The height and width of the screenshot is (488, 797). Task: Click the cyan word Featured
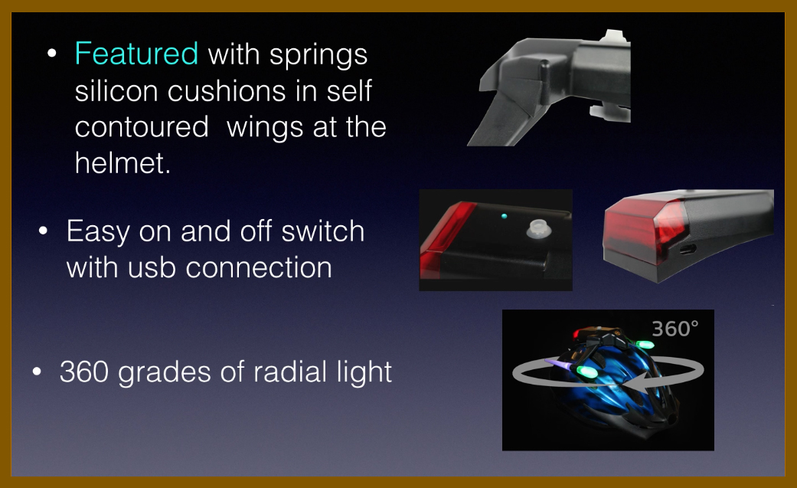(x=136, y=53)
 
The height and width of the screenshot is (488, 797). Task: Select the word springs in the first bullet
(x=318, y=55)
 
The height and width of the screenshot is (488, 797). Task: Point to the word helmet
(x=122, y=163)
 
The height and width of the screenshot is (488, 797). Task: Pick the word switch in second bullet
(x=323, y=231)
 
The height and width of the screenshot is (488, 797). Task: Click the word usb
(x=152, y=267)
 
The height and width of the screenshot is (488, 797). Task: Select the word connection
(x=259, y=267)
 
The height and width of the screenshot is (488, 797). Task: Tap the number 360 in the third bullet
(x=84, y=372)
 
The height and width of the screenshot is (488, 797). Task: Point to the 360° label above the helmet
(x=675, y=329)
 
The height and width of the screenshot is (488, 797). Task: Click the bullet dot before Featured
(x=51, y=54)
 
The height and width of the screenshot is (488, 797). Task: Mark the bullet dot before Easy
(x=43, y=231)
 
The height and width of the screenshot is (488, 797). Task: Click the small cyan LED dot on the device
(x=504, y=216)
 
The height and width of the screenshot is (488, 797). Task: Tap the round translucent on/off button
(x=538, y=229)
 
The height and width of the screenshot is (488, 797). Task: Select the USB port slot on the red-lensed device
(x=688, y=249)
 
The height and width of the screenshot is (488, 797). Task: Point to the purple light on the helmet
(x=560, y=365)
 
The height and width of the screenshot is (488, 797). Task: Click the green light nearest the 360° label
(x=644, y=345)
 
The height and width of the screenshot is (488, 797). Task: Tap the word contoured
(x=142, y=126)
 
